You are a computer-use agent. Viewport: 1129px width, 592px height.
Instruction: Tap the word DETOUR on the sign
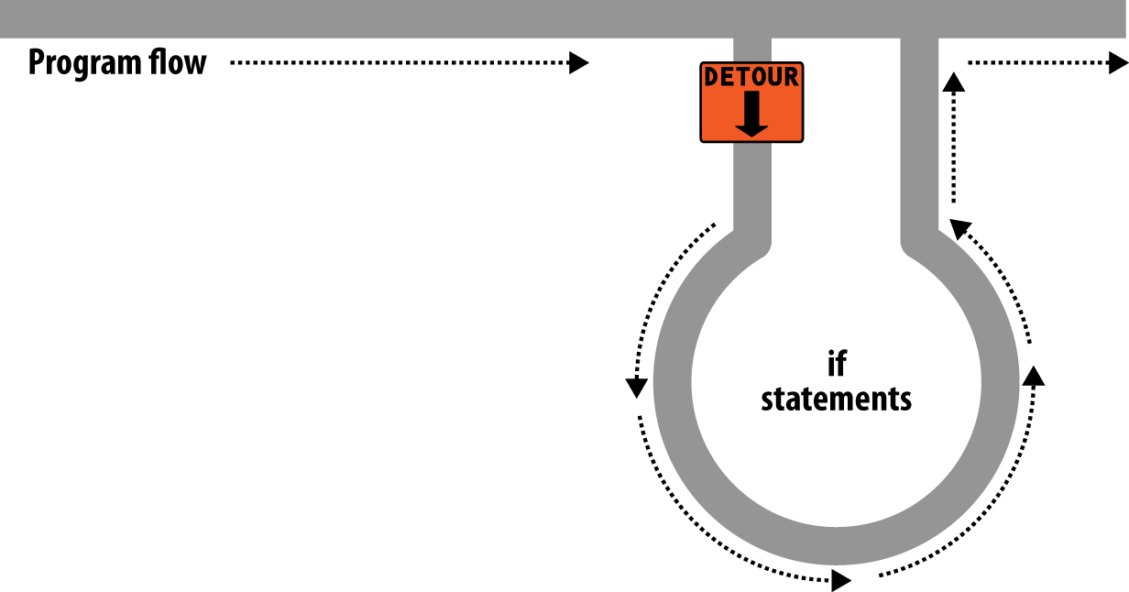coord(751,78)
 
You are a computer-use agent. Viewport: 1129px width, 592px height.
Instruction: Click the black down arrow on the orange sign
coord(751,115)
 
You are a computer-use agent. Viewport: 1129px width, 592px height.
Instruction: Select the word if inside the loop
coord(836,364)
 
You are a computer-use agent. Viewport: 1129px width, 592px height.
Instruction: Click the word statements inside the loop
coord(836,400)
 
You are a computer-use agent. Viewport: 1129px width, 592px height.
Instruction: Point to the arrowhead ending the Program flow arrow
coord(578,62)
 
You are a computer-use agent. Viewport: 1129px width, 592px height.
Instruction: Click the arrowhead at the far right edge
coord(1118,62)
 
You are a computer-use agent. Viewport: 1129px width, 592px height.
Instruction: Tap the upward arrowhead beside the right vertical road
coord(954,82)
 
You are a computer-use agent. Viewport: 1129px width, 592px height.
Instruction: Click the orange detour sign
coord(751,102)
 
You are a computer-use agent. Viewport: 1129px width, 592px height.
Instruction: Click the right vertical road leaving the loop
coord(918,137)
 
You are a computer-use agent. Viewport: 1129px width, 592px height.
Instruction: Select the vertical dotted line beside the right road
coord(954,147)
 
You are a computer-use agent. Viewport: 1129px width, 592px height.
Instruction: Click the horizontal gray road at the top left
coord(275,18)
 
